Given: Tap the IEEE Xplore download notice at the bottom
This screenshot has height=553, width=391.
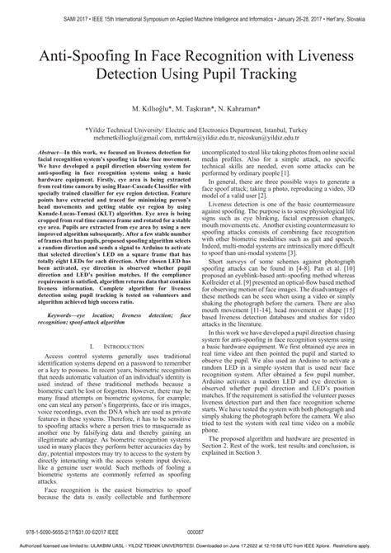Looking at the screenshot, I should point(195,546).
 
